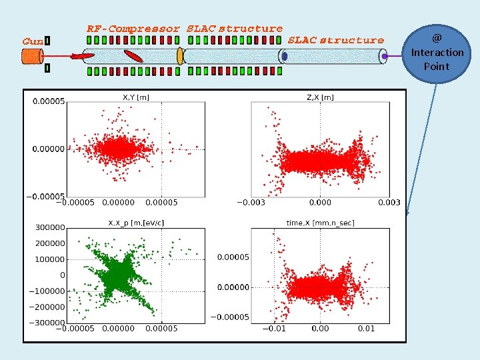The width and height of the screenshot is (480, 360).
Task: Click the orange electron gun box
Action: point(32,57)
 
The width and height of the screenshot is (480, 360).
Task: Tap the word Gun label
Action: point(33,41)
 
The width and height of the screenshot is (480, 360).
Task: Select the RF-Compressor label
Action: point(133,29)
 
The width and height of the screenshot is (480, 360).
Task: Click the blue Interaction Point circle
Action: point(436,54)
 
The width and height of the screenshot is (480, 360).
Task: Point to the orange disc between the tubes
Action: point(180,56)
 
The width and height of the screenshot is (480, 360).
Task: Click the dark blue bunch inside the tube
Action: point(285,56)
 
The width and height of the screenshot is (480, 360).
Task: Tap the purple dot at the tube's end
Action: point(385,56)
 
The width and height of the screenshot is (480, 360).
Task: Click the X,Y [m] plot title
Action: point(136,97)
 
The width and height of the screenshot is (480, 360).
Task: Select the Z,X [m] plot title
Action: point(320,97)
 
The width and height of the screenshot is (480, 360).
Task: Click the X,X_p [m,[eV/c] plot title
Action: point(136,223)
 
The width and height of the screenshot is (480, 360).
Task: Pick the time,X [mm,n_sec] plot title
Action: point(320,223)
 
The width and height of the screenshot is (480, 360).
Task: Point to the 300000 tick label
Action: point(50,227)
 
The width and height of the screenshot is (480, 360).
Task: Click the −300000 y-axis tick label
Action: point(47,323)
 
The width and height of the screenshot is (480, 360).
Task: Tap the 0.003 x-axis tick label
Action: point(389,203)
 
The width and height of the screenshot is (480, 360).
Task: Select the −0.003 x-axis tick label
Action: point(251,203)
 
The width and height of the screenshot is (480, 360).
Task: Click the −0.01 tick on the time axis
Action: point(274,329)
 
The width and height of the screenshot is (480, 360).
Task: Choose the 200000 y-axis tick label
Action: point(50,243)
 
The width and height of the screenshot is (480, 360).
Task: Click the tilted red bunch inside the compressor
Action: point(133,56)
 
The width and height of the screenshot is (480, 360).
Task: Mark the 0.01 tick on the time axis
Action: point(366,329)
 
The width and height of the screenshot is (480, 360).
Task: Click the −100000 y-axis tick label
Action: point(47,291)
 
